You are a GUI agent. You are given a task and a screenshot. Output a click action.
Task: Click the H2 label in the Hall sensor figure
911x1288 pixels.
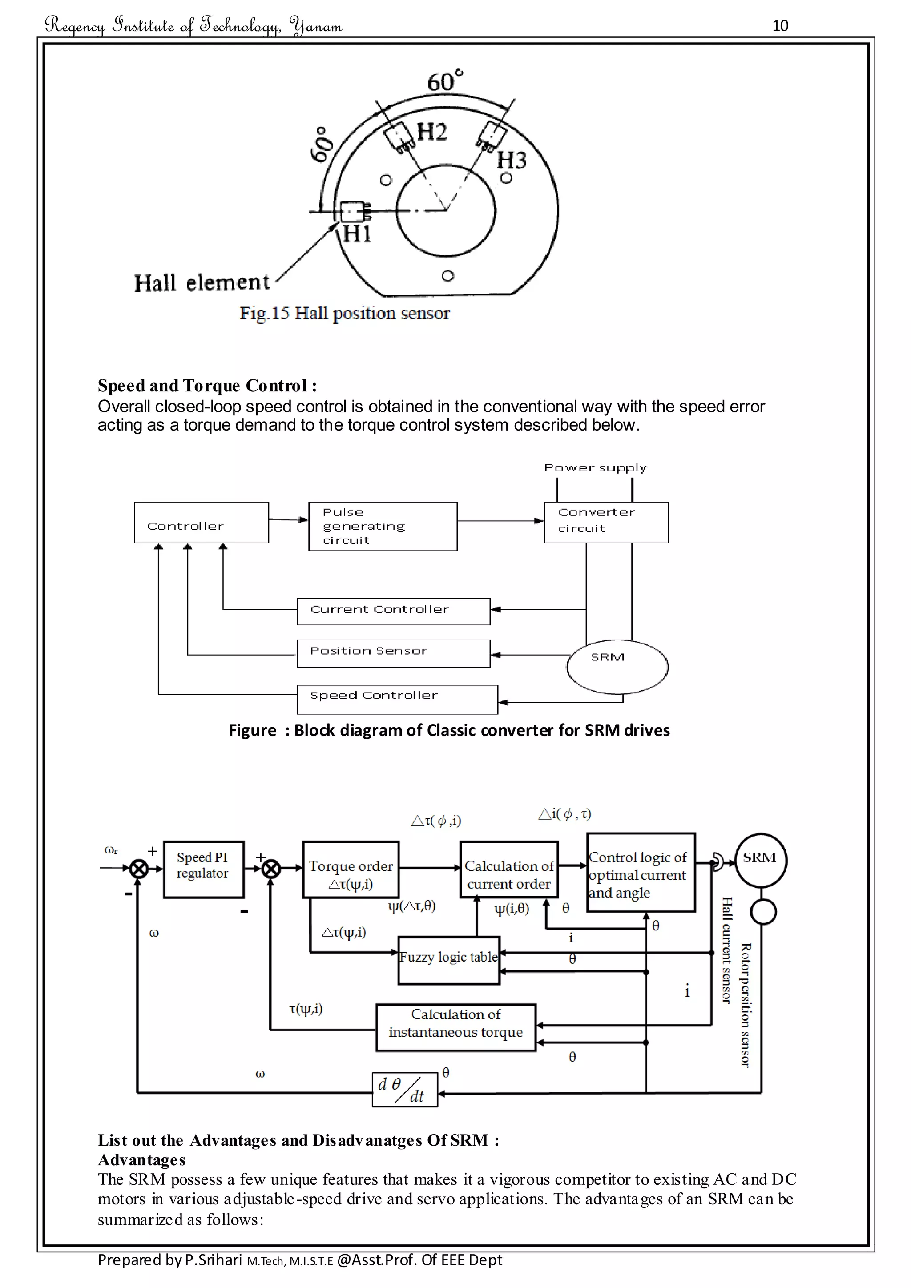[431, 133]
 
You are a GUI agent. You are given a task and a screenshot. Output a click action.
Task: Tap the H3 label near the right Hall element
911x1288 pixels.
[512, 161]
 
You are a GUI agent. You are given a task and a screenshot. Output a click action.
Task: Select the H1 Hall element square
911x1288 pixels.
[352, 212]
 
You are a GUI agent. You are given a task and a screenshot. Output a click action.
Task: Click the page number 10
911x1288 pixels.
[780, 26]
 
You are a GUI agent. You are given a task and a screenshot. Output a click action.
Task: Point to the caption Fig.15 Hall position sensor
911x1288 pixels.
[344, 313]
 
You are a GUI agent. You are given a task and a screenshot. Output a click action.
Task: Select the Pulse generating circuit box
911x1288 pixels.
[383, 526]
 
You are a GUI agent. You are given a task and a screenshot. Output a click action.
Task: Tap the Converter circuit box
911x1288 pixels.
[606, 522]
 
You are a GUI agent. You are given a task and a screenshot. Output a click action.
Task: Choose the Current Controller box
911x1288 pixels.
[393, 611]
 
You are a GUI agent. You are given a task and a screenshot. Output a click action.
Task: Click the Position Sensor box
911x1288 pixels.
[393, 653]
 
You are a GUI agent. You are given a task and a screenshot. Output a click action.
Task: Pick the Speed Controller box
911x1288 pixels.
[397, 699]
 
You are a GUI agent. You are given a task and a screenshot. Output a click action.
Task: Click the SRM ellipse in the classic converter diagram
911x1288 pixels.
[617, 666]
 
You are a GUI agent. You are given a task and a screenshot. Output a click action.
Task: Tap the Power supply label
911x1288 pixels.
[595, 468]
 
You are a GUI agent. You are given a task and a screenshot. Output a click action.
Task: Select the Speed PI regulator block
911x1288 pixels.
[203, 869]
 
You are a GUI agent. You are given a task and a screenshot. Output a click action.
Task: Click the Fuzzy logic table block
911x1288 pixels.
[448, 960]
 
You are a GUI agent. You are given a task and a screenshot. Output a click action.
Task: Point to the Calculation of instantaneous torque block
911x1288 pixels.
[455, 1027]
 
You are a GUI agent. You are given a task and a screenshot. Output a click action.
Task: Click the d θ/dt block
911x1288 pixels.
[404, 1089]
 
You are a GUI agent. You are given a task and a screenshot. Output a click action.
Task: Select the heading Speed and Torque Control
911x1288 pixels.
[207, 386]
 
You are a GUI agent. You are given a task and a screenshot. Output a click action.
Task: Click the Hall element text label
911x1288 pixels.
[202, 283]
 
